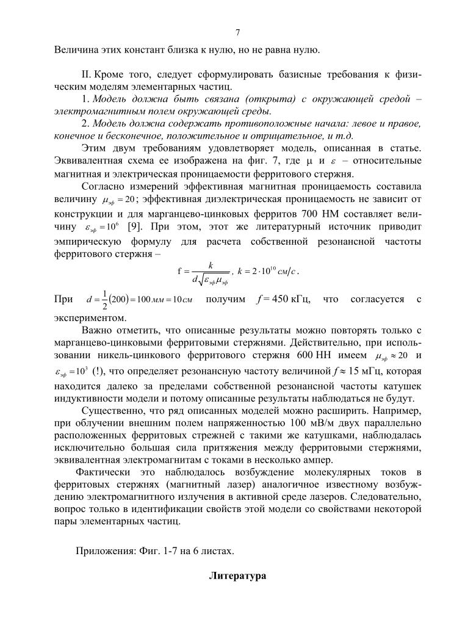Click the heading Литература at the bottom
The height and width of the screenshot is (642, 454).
[237, 575]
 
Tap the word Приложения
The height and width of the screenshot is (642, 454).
[104, 550]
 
